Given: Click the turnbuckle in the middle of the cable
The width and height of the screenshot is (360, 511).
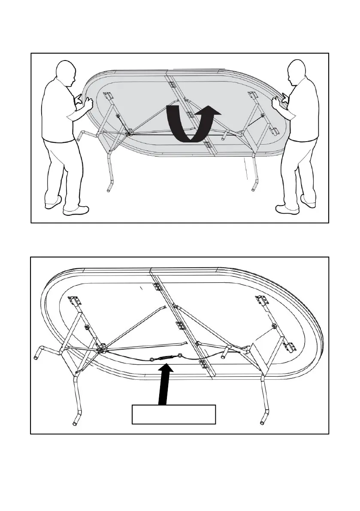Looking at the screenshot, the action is pos(166,358).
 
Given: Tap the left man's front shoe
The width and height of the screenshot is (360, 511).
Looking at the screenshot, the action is pos(76,210).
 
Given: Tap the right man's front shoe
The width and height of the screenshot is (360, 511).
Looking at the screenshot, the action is pos(286,209).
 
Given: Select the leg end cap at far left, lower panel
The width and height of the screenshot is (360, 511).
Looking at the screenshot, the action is pos(37,356).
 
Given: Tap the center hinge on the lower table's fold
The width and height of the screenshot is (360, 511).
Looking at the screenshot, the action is pos(180,326).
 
